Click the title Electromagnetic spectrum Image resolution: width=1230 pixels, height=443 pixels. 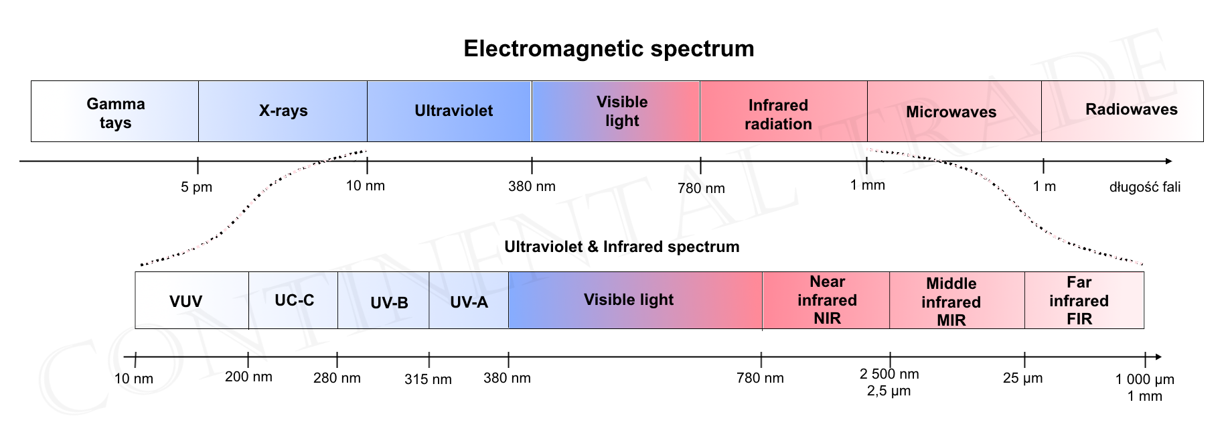coord(609,48)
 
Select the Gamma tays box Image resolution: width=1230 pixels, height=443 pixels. coord(114,111)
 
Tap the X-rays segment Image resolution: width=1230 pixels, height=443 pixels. coord(283,111)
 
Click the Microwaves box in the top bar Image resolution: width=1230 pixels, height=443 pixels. coord(954,111)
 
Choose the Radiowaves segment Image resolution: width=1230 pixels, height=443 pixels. coord(1122,111)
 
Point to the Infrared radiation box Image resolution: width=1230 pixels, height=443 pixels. coord(783,111)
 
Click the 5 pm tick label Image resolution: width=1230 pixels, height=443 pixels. coord(196,187)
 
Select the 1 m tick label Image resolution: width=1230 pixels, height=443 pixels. coord(1044,186)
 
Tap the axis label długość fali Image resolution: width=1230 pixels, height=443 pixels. coord(1145,187)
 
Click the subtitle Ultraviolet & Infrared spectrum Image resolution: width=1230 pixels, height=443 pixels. coord(621,247)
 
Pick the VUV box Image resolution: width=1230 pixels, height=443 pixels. coord(192,300)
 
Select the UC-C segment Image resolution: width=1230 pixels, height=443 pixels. coord(293,300)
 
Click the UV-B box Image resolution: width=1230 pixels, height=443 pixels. coord(384,300)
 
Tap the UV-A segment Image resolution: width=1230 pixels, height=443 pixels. coord(469,300)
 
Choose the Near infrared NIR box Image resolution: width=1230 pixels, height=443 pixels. coord(826,300)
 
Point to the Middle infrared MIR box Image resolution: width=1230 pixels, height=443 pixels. coord(957,300)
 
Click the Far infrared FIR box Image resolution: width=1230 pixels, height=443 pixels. coord(1085,300)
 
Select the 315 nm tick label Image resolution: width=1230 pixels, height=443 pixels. coord(428,379)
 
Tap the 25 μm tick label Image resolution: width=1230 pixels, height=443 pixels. coord(1022,378)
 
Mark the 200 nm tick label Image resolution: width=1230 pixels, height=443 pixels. coord(248,377)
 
